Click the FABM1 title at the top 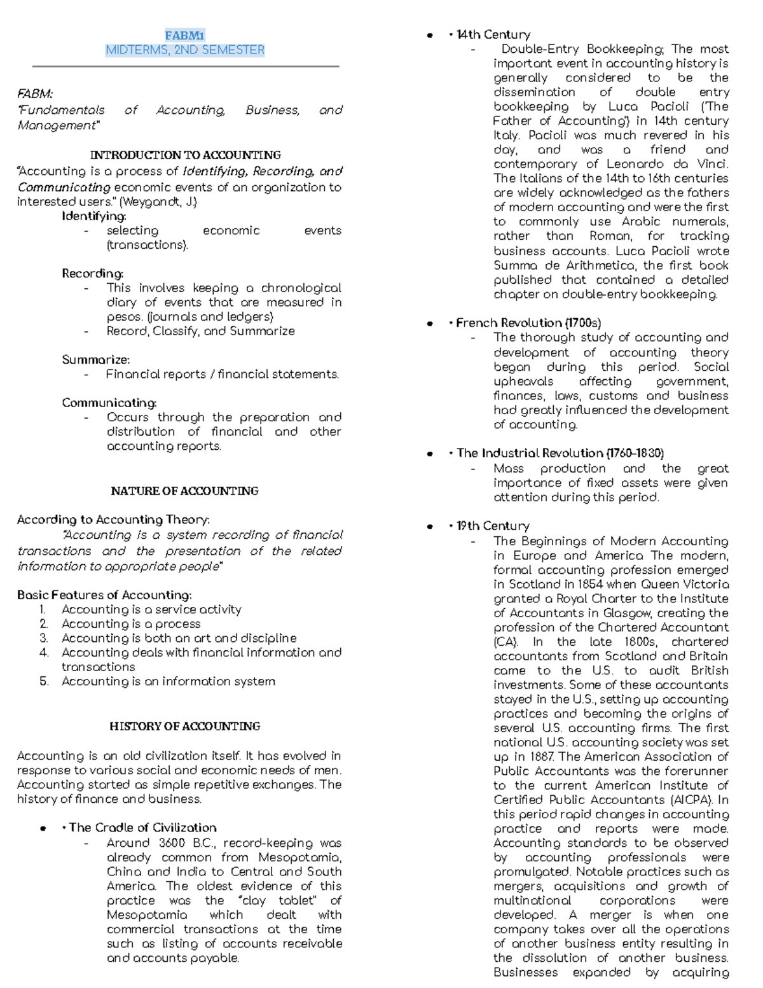pos(184,36)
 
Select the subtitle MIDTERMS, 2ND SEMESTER pos(185,50)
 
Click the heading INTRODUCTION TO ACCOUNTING pos(185,155)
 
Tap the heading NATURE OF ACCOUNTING pos(184,491)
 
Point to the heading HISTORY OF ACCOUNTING pos(184,726)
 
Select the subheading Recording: pos(92,274)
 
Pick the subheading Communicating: pos(109,403)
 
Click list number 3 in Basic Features pos(43,638)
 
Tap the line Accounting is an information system pos(168,681)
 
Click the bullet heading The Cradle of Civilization pos(142,828)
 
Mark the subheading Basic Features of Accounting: pos(104,595)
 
